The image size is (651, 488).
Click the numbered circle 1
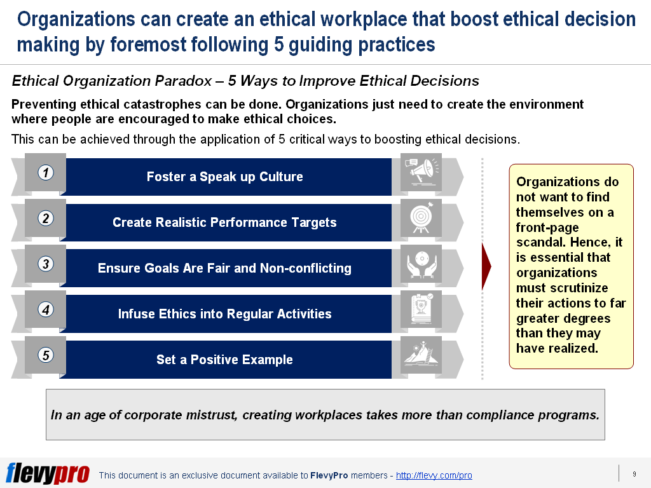click(x=45, y=172)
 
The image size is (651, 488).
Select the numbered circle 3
click(x=45, y=264)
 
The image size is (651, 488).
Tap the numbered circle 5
click(x=45, y=355)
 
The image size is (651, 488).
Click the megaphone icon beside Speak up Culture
click(x=421, y=172)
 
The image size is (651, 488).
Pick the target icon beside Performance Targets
click(x=421, y=217)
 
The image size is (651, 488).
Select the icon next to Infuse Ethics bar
click(x=421, y=309)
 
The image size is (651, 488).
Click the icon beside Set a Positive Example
click(x=421, y=355)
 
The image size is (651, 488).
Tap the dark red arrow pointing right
click(x=486, y=265)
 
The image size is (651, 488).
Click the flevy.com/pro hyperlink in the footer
click(x=434, y=475)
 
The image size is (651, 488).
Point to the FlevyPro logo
click(x=48, y=473)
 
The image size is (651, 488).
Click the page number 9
click(x=634, y=474)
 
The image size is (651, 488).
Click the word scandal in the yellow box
click(x=538, y=242)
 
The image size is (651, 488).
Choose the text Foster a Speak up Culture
click(x=224, y=177)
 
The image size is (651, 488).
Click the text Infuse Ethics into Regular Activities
click(x=224, y=314)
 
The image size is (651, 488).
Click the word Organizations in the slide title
click(x=76, y=20)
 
